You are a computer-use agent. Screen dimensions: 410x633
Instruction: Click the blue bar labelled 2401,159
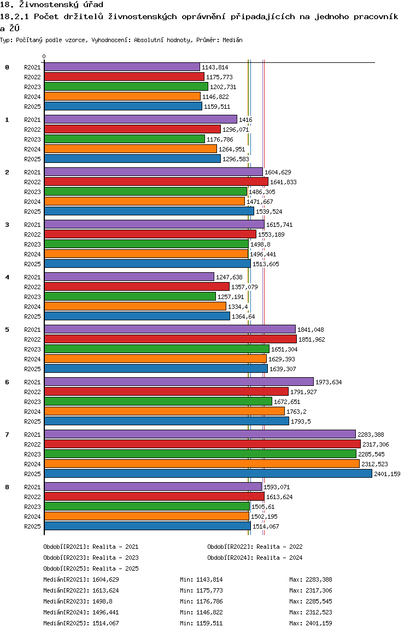pyautogui.click(x=208, y=473)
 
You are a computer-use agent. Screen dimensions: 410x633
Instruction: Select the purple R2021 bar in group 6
pyautogui.click(x=179, y=382)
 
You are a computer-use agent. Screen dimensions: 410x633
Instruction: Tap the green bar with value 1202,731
pyautogui.click(x=126, y=86)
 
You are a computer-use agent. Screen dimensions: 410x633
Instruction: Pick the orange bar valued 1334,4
pyautogui.click(x=135, y=307)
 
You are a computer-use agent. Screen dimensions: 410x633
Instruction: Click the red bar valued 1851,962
pyautogui.click(x=171, y=339)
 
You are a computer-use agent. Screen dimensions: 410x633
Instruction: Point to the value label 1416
pyautogui.click(x=246, y=120)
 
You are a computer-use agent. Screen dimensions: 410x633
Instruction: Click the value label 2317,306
pyautogui.click(x=376, y=444)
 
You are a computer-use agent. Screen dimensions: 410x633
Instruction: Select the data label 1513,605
pyautogui.click(x=266, y=264)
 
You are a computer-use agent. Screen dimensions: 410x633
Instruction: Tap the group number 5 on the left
pyautogui.click(x=7, y=330)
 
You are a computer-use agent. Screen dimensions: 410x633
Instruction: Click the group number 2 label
pyautogui.click(x=7, y=172)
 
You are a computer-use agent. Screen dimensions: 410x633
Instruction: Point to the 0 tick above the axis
pyautogui.click(x=44, y=56)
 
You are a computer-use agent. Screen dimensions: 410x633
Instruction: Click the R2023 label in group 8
pyautogui.click(x=32, y=507)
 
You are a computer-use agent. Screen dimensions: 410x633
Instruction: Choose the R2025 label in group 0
pyautogui.click(x=32, y=107)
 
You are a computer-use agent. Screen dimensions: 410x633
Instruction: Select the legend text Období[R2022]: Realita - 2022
pyautogui.click(x=255, y=547)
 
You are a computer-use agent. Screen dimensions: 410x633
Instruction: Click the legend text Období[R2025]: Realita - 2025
pyautogui.click(x=91, y=568)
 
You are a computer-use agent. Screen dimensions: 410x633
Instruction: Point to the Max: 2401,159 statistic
pyautogui.click(x=311, y=623)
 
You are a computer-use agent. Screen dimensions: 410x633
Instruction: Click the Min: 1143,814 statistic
pyautogui.click(x=201, y=579)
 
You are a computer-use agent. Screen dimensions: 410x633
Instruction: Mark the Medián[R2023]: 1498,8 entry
pyautogui.click(x=78, y=601)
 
